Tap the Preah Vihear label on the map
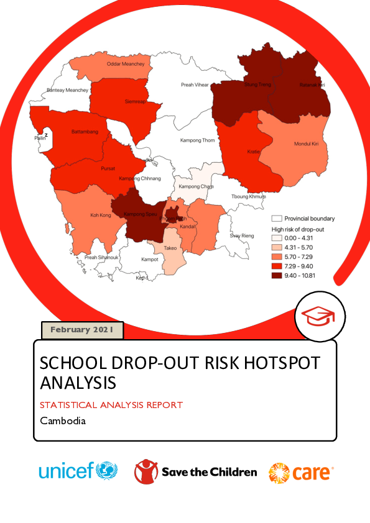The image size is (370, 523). [x=195, y=84]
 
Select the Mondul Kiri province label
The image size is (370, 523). [x=306, y=144]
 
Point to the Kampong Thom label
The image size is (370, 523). [x=197, y=140]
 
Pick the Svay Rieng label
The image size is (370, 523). [x=242, y=236]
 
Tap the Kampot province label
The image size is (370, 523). [x=150, y=260]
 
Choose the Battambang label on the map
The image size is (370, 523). [x=85, y=132]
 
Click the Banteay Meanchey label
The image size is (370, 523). [x=68, y=90]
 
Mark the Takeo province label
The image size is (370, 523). [x=170, y=248]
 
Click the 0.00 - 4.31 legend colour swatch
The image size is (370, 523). [x=277, y=238]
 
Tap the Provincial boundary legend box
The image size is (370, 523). [x=277, y=219]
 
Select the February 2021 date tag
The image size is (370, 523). [x=82, y=330]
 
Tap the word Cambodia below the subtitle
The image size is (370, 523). [x=62, y=421]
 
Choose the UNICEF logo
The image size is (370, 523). [x=78, y=471]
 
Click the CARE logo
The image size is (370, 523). [x=301, y=473]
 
